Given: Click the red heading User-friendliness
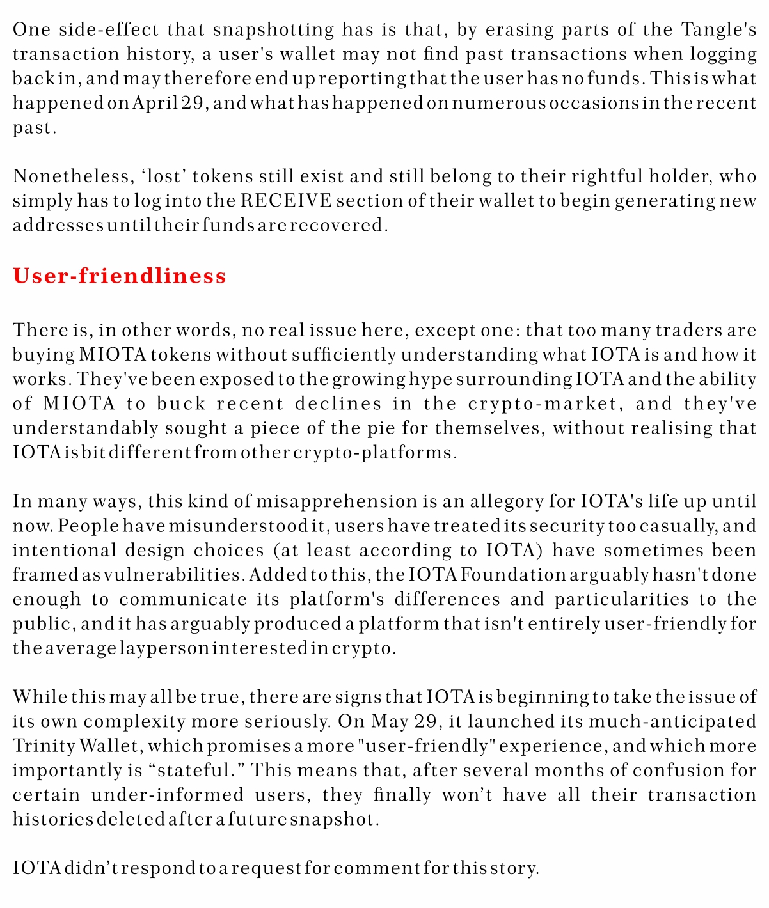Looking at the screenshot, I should (x=120, y=276).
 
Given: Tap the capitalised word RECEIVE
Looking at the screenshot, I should (x=287, y=201).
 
